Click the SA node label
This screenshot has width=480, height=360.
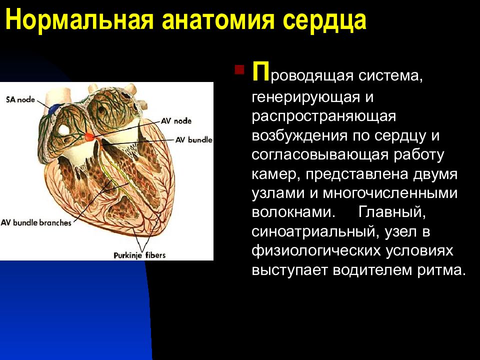[x=20, y=99]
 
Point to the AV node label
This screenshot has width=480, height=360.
[x=176, y=121]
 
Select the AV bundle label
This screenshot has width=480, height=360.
[x=194, y=140]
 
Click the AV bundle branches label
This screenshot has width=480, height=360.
[x=36, y=222]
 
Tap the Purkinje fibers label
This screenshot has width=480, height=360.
[x=139, y=255]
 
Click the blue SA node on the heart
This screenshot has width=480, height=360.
[x=55, y=109]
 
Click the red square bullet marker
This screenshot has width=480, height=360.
[x=239, y=70]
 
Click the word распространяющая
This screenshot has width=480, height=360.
[x=324, y=117]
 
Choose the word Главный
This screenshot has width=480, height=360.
[x=392, y=211]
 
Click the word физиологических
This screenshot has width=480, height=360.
[x=316, y=251]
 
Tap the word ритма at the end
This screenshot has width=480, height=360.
[x=441, y=270]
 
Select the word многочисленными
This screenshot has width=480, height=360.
[x=390, y=193]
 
